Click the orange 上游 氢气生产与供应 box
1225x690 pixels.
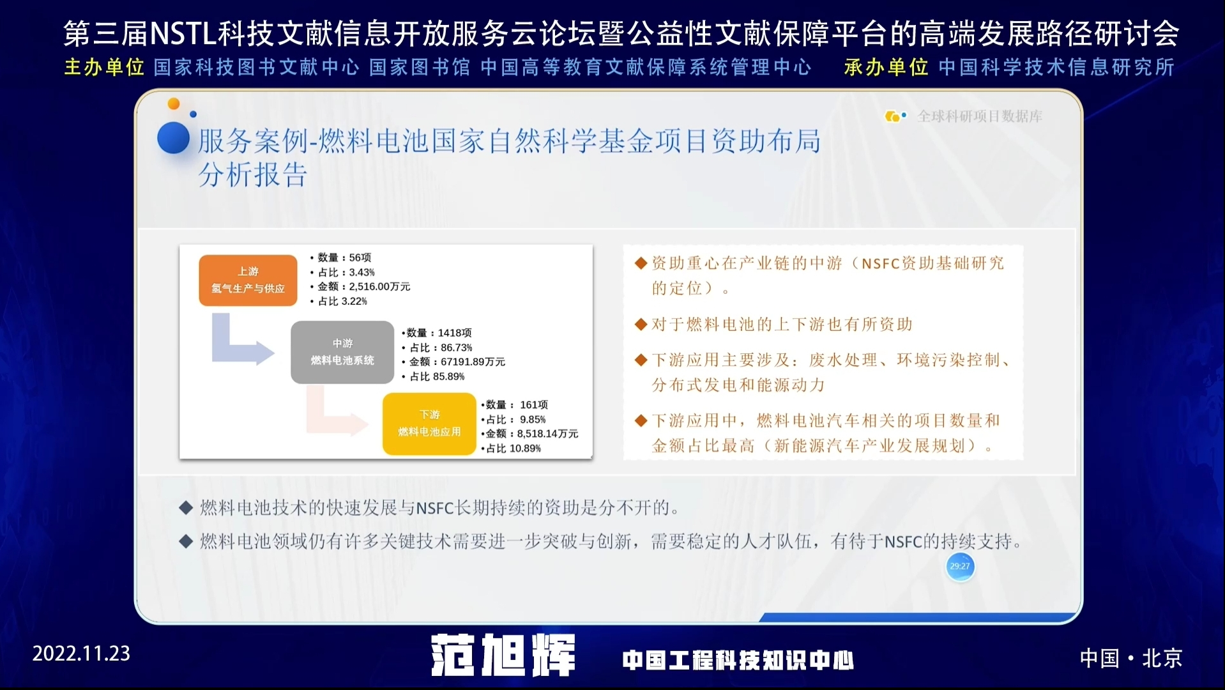[x=248, y=280]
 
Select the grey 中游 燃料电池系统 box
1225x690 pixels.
[x=342, y=352]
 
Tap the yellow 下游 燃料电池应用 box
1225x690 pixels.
[x=429, y=424]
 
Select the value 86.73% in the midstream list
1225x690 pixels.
[x=457, y=348]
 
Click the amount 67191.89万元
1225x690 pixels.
[x=473, y=362]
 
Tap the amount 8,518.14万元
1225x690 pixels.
[x=547, y=434]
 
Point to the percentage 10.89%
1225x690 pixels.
[x=525, y=448]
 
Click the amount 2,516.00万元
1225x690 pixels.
[x=379, y=287]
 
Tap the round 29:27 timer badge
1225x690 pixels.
[x=960, y=566]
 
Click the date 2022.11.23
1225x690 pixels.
[x=81, y=654]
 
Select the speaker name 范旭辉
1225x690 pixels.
[x=503, y=655]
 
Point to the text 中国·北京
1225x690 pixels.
[x=1131, y=658]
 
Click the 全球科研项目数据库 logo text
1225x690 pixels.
[x=980, y=116]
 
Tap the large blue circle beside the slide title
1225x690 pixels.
[x=174, y=138]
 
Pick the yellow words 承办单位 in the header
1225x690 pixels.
[x=886, y=67]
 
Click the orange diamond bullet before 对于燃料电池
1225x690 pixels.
[x=641, y=325]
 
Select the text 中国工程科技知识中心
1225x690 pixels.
[x=738, y=660]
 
